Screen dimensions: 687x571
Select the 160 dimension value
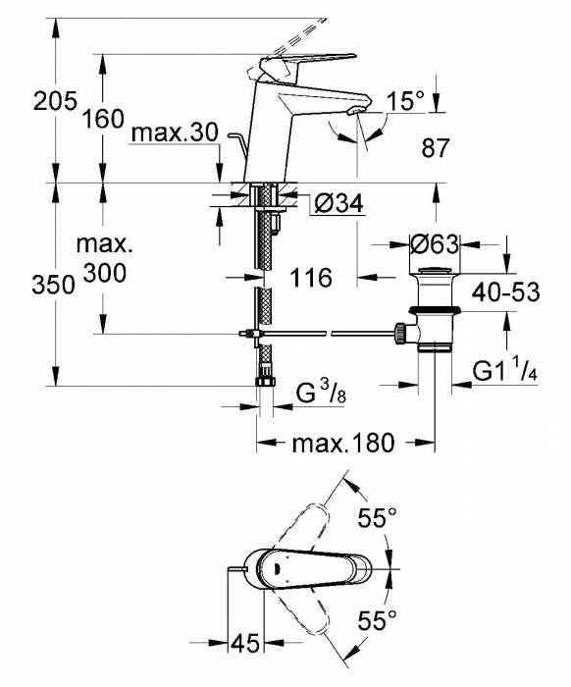pos(102,120)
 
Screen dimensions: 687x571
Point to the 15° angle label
pos(406,100)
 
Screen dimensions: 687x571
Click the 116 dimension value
pos(311,278)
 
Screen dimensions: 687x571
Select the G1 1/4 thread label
pos(506,372)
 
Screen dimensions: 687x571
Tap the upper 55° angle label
pos(377,520)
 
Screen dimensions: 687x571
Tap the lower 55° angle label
pos(377,619)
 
